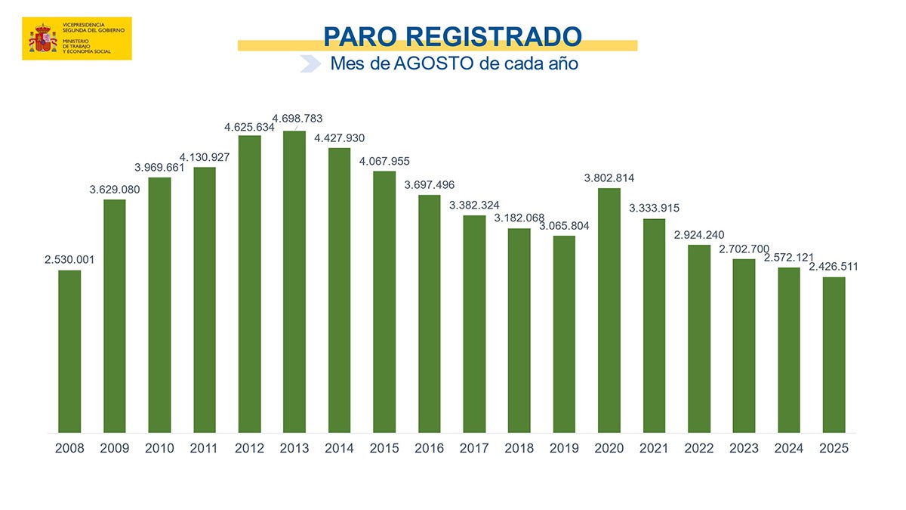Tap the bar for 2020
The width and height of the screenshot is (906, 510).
point(609,310)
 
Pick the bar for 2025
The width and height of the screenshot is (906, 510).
point(834,354)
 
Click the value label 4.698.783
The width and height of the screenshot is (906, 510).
point(297,119)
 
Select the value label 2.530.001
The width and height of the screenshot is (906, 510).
point(69,259)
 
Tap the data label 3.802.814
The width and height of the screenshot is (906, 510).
point(609,178)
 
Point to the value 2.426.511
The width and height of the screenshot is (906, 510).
point(833,267)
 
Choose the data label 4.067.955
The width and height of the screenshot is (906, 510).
point(384,161)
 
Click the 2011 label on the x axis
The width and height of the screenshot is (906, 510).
point(205,448)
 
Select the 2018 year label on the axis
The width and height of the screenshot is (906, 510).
point(519,448)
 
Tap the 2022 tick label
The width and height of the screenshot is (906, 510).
point(699,448)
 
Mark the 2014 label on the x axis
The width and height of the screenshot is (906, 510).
point(339,448)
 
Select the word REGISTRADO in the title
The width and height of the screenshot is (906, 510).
point(498,36)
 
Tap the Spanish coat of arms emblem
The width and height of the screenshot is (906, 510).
point(43,39)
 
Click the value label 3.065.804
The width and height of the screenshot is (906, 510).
point(564,226)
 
